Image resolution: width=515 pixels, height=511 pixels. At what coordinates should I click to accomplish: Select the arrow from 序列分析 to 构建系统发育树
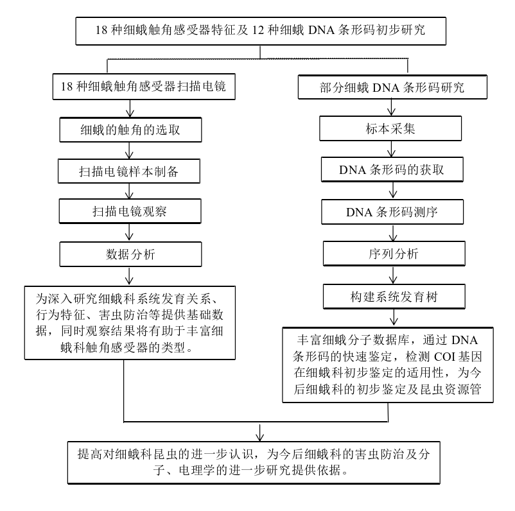pos(391,275)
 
